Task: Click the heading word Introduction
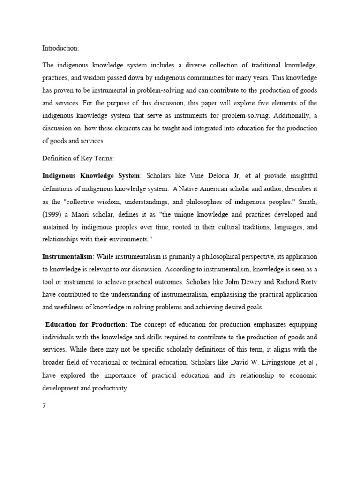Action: (x=60, y=48)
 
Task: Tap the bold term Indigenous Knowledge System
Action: (x=91, y=176)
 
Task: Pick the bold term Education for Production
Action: (x=86, y=324)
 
